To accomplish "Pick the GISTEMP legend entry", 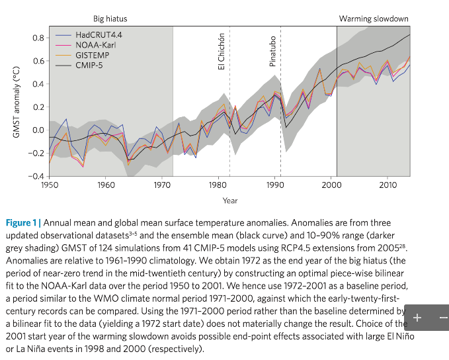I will (x=91, y=55).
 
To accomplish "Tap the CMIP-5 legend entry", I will (x=90, y=66).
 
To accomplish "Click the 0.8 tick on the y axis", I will (x=38, y=38).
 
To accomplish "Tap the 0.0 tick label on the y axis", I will (x=38, y=130).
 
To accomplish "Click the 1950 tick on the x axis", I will (x=50, y=185).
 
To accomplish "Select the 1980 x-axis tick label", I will (x=219, y=185).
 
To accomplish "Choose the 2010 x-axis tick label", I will (x=388, y=185).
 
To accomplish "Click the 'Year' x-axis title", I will (x=230, y=201).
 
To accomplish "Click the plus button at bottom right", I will (x=417, y=318).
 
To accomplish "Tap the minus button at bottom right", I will (x=442, y=318).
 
